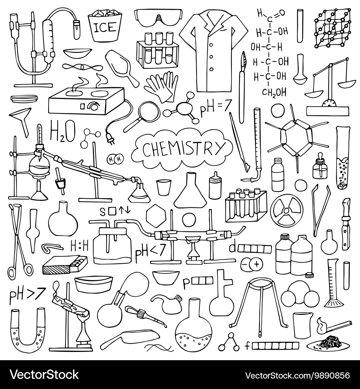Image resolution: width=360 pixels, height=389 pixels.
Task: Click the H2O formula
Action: pyautogui.click(x=63, y=132)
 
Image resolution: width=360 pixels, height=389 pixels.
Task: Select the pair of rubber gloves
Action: pyautogui.click(x=161, y=86)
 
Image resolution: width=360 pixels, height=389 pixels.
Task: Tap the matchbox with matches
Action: pyautogui.click(x=65, y=265)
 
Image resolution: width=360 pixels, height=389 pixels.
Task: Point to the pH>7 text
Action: pyautogui.click(x=22, y=295)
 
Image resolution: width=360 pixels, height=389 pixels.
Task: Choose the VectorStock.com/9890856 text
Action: pyautogui.click(x=297, y=375)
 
